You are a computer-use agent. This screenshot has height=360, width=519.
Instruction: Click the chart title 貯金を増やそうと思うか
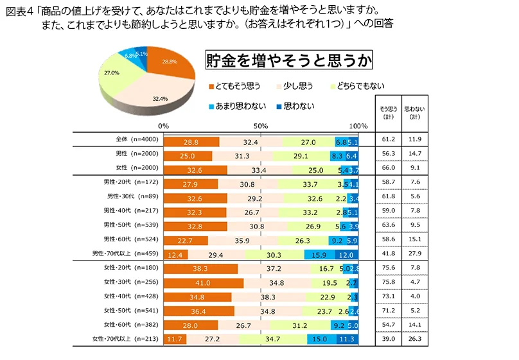(x=288, y=61)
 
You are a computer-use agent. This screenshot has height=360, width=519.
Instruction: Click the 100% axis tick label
(x=357, y=126)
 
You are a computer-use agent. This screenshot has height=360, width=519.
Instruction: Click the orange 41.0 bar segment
(x=204, y=282)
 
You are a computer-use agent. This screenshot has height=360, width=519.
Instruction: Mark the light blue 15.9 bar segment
(x=319, y=255)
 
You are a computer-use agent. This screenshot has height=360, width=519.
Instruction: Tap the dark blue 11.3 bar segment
(x=347, y=338)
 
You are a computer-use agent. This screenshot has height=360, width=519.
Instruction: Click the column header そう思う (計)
(x=387, y=113)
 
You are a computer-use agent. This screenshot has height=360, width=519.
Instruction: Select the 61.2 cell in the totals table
(x=387, y=140)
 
